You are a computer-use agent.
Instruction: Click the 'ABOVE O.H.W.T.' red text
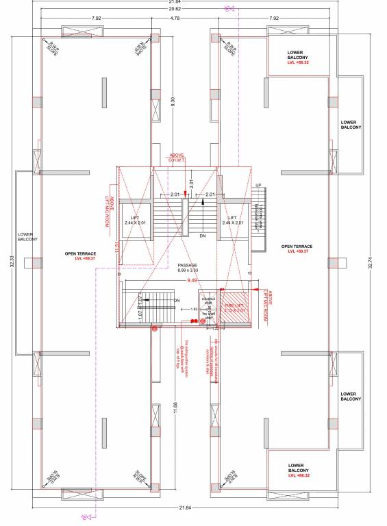tap(177, 158)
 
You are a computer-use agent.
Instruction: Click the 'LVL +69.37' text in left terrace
tap(81, 259)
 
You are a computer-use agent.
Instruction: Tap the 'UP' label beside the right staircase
tap(258, 186)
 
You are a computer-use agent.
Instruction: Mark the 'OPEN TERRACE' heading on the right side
tap(297, 246)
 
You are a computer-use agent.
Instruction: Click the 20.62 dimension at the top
tap(193, 9)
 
